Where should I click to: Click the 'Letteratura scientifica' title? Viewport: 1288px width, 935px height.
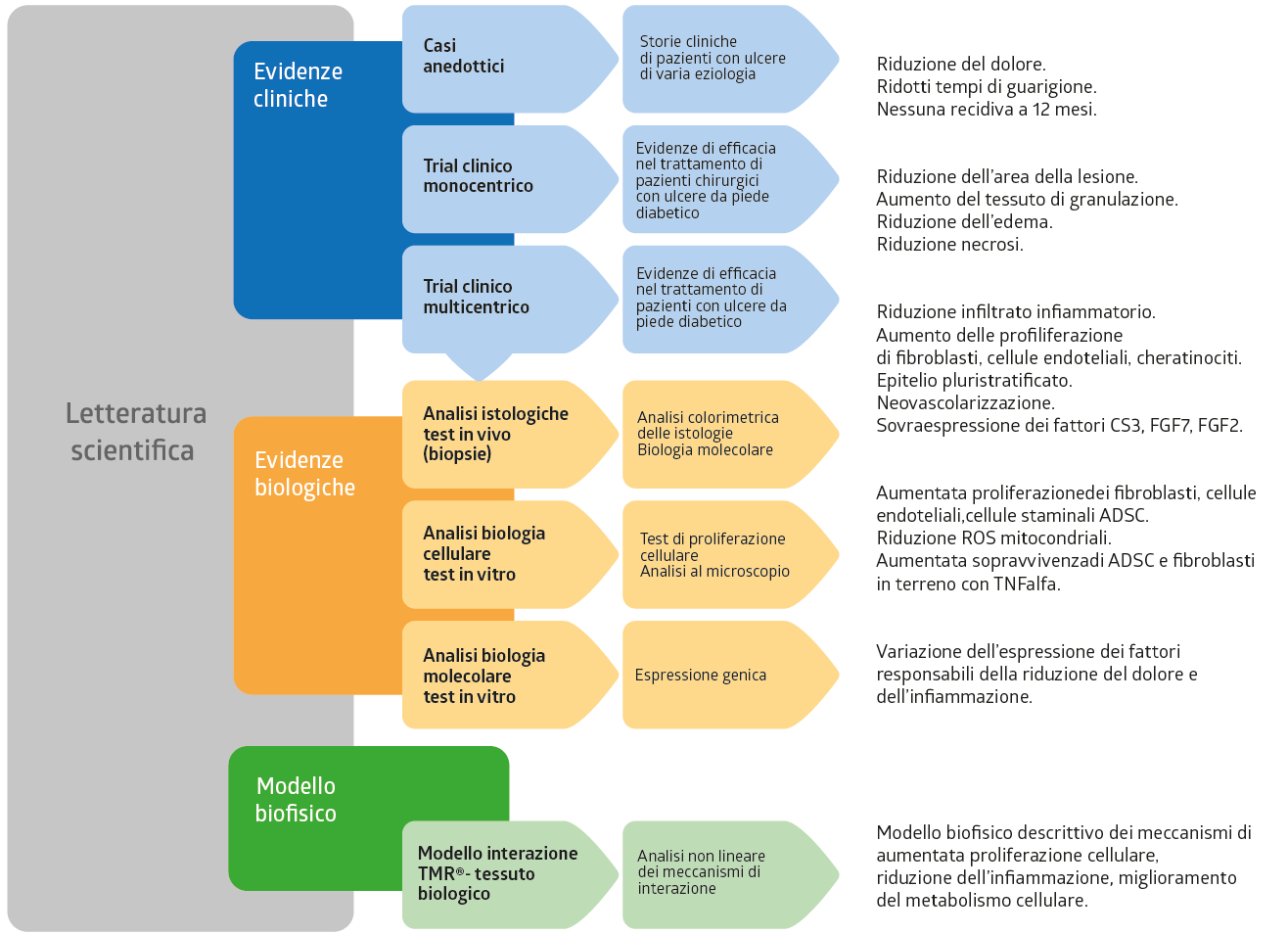click(136, 431)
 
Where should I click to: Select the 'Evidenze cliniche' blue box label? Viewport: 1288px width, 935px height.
click(298, 85)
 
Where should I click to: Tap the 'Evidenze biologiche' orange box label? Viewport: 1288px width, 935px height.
click(304, 473)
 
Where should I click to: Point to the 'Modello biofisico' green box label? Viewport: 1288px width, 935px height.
click(296, 799)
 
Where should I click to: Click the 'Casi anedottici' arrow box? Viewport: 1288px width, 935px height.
click(510, 59)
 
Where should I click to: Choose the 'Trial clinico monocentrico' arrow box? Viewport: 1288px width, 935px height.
click(510, 179)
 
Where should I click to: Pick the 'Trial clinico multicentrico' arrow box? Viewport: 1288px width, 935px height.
click(510, 300)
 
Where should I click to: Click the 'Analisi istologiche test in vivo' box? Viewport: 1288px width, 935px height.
click(510, 434)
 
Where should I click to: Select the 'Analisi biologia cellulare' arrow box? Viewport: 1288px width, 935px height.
click(510, 554)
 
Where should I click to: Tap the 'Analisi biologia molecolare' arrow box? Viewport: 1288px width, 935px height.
click(510, 675)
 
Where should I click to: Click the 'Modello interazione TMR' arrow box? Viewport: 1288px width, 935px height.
click(510, 874)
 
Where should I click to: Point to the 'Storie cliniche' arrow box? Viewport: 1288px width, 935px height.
click(731, 59)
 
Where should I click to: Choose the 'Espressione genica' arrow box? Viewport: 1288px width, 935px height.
click(731, 675)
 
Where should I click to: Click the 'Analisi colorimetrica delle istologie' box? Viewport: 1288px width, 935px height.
click(731, 434)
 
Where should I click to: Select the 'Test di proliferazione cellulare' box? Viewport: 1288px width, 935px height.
click(731, 554)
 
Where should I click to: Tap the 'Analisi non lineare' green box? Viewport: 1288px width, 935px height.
click(731, 874)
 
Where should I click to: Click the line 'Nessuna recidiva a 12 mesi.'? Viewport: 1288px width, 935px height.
click(987, 110)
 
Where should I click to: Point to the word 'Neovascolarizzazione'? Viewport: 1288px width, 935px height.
click(964, 402)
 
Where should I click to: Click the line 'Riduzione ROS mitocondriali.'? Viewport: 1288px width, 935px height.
click(993, 538)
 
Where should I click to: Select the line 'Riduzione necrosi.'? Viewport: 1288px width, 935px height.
click(950, 245)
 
